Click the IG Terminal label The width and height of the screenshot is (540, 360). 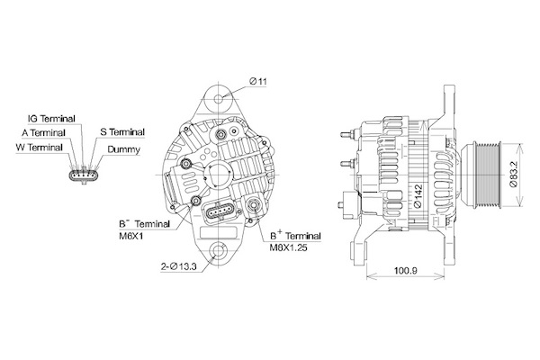point(51,119)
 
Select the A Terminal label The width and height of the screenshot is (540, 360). point(44,132)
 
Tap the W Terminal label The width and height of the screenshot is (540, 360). point(40,148)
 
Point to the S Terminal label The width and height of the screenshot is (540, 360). point(122,132)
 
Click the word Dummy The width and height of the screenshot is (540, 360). point(123,149)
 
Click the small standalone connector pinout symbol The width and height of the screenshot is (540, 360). point(84,175)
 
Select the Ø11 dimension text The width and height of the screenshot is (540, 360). point(258,82)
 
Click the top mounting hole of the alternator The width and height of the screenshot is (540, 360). point(219,100)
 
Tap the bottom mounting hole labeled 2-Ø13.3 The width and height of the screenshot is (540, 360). point(219,250)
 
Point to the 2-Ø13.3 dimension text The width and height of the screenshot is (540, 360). point(179,266)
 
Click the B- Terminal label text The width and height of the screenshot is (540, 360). point(144,224)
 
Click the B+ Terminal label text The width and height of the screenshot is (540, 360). point(295,236)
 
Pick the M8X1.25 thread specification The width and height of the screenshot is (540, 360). point(288,247)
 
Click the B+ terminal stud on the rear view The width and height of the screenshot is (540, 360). point(255,206)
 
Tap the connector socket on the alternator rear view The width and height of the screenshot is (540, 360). point(220,211)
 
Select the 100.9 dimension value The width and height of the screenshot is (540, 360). point(405,270)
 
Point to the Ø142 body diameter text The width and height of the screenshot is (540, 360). point(418,196)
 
